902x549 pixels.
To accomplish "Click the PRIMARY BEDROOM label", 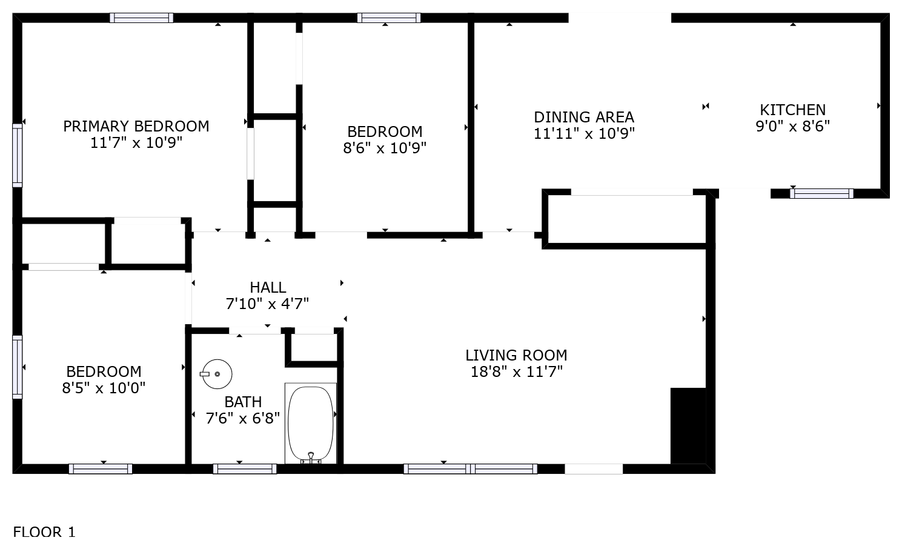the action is (x=136, y=126).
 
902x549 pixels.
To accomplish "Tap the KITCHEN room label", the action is (x=792, y=110).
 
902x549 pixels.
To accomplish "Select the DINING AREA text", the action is (x=584, y=117).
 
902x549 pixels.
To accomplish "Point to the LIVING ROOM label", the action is (x=516, y=355).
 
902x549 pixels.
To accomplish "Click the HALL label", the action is (x=268, y=288).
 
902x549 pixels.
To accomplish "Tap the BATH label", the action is (x=243, y=402).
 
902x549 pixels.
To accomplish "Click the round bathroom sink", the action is (x=217, y=374).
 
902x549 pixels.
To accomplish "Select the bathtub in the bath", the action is (x=311, y=424).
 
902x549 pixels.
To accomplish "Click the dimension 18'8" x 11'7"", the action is (x=516, y=371).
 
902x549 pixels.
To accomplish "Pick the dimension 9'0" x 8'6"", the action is (x=792, y=126).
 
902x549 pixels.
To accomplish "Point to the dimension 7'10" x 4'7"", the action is (x=267, y=304).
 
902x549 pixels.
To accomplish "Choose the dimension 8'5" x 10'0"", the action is (x=104, y=388).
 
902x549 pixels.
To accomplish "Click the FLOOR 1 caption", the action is (x=44, y=532).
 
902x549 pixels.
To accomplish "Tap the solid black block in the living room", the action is (x=688, y=426).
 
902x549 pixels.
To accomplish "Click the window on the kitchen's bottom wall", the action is (x=821, y=194).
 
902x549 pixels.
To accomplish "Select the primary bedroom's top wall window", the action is (x=141, y=18).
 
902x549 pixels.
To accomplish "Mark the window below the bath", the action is (x=245, y=469).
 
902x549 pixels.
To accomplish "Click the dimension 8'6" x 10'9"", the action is (x=385, y=148).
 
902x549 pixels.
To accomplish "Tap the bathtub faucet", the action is (x=311, y=457).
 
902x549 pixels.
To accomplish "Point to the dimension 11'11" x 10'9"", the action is (x=584, y=133).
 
